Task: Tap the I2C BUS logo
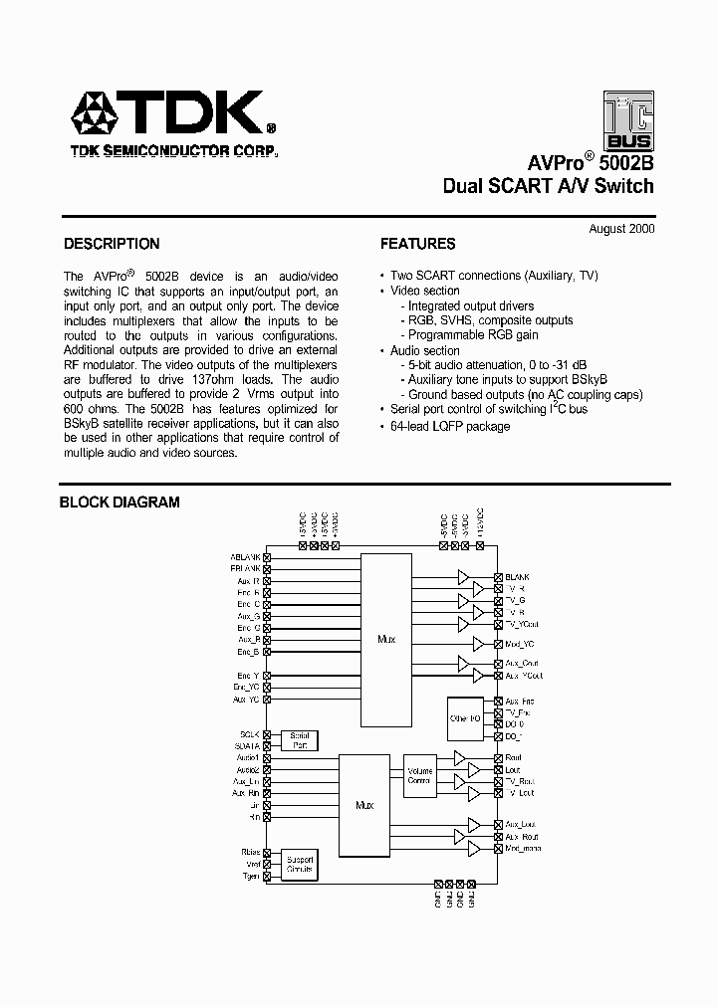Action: [x=628, y=120]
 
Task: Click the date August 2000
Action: [x=621, y=229]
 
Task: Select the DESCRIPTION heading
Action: [x=112, y=244]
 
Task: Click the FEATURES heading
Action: [x=418, y=244]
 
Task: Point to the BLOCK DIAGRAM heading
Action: [x=119, y=503]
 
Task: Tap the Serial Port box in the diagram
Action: [x=299, y=739]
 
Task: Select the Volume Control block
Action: [x=419, y=774]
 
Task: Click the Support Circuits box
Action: [x=299, y=864]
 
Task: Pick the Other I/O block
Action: [x=466, y=717]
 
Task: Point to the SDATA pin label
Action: [x=247, y=745]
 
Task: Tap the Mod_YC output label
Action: [x=521, y=644]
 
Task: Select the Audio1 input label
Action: [x=248, y=758]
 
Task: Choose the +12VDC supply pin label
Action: [x=479, y=525]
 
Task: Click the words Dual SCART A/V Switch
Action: [x=548, y=186]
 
